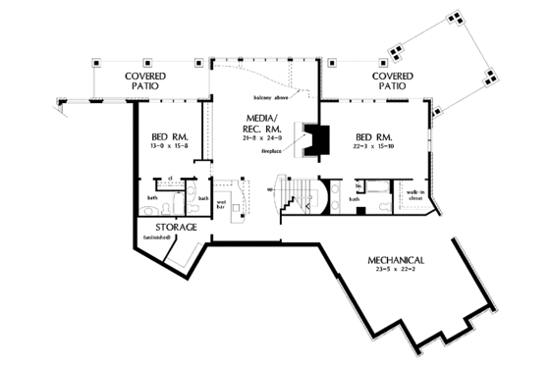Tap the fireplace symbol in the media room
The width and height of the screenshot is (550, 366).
pyautogui.click(x=314, y=139)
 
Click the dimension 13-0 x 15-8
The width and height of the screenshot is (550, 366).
pyautogui.click(x=168, y=146)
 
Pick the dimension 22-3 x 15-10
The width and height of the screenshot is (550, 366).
pyautogui.click(x=374, y=146)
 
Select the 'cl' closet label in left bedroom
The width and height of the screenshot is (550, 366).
pyautogui.click(x=169, y=179)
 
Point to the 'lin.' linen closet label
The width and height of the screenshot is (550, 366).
pyautogui.click(x=359, y=183)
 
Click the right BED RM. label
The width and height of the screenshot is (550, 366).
pyautogui.click(x=374, y=135)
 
